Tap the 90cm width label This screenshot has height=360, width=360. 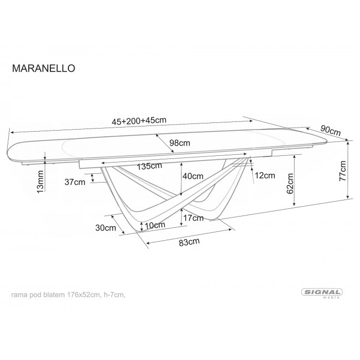331,131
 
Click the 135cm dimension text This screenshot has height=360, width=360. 150,166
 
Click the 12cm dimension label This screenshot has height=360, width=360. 264,176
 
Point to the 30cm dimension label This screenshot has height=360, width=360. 106,227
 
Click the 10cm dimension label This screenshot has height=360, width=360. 155,225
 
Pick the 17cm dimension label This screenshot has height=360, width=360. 193,218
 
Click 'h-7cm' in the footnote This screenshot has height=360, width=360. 113,295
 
